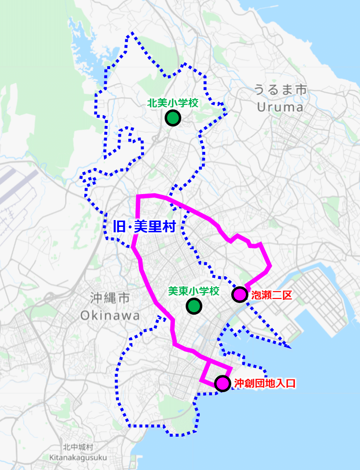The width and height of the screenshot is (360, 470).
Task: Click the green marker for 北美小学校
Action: (172, 118)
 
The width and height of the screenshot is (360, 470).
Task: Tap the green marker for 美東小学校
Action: (194, 306)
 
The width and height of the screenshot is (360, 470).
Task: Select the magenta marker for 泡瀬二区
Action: (239, 295)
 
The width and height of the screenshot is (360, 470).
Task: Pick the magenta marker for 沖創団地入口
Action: (222, 383)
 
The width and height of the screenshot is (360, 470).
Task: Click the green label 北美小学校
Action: (172, 103)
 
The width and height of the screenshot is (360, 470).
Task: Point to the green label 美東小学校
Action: (193, 291)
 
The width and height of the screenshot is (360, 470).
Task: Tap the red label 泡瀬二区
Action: (271, 295)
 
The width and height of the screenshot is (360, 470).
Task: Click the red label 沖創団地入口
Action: (265, 383)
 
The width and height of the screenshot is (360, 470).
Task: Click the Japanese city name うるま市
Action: (280, 90)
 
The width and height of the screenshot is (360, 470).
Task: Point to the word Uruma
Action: (280, 106)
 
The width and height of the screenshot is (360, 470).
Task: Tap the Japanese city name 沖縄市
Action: (110, 298)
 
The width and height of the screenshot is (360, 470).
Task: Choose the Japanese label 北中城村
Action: (78, 447)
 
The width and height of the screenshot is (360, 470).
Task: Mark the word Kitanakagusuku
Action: (78, 457)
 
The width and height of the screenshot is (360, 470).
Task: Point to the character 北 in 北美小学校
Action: (152, 103)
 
